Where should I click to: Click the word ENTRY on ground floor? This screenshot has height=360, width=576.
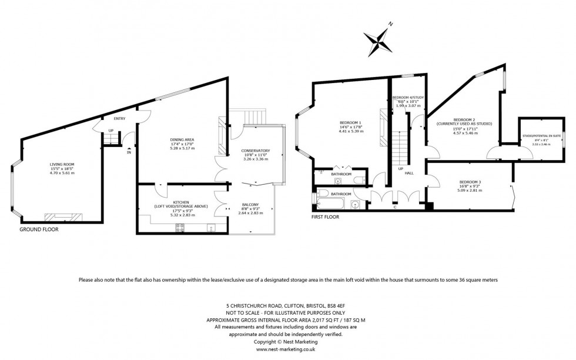coord(119,119)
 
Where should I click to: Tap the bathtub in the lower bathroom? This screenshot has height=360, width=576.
coord(330,204)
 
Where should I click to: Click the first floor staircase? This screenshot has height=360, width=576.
coord(403,141)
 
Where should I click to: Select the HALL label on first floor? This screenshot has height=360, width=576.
coord(409,174)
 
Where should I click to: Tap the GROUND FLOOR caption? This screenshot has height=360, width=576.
coord(39,229)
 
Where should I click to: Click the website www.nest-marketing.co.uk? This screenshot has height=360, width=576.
coord(288,349)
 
